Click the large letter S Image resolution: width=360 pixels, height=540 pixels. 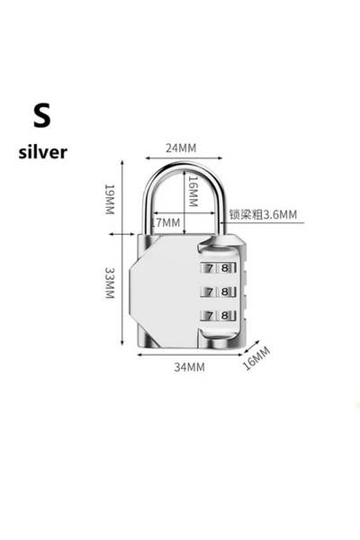point(42,115)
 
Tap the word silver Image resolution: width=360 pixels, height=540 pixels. point(42,152)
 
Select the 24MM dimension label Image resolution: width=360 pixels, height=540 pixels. point(181,148)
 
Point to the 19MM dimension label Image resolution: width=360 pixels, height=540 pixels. point(109,199)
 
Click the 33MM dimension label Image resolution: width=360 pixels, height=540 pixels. point(109,283)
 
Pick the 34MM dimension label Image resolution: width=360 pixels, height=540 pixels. point(189,367)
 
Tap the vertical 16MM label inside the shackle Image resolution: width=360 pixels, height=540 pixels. point(193,192)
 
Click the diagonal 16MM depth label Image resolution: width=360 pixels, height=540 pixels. point(256,358)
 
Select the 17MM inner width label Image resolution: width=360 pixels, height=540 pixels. point(166,222)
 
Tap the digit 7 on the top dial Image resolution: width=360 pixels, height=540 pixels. point(210,267)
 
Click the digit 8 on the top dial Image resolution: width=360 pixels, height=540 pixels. point(225,267)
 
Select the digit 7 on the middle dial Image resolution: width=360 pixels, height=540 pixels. point(210,292)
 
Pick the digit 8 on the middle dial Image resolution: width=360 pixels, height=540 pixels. point(225,292)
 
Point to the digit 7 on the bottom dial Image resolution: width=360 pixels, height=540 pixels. point(210,315)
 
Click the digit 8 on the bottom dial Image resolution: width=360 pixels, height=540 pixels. point(225,315)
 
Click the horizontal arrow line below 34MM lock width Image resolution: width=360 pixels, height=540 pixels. point(190,355)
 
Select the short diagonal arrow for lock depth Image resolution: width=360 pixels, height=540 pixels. point(252,346)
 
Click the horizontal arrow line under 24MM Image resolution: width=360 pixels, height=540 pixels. point(184,158)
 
